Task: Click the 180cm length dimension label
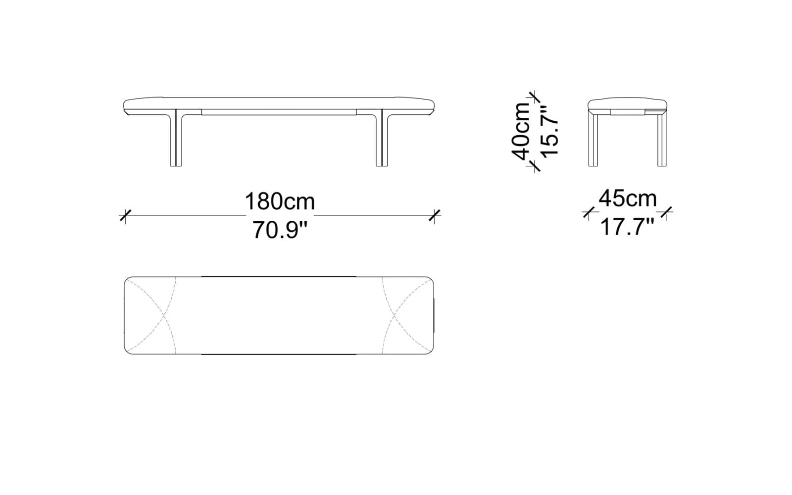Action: [x=280, y=201]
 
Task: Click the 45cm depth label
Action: [x=628, y=198]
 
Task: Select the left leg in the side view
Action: [x=593, y=140]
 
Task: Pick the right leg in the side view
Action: [x=662, y=140]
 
